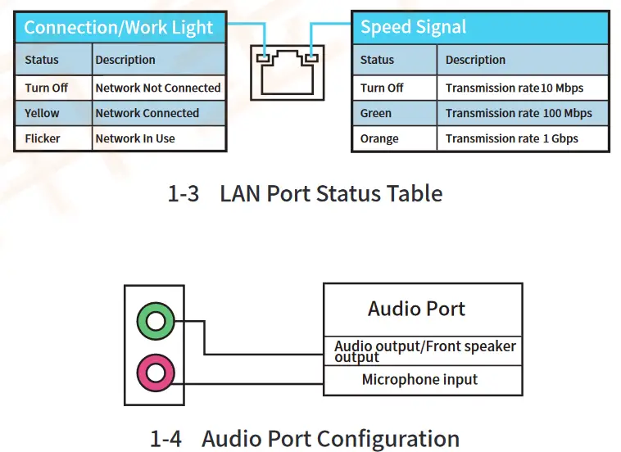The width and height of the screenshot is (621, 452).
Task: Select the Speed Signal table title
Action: pyautogui.click(x=413, y=28)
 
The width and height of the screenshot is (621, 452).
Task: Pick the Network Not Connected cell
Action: pyautogui.click(x=158, y=88)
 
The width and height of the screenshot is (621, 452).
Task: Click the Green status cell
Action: pyautogui.click(x=376, y=113)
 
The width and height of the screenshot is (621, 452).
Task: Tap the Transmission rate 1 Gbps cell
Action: pyautogui.click(x=512, y=138)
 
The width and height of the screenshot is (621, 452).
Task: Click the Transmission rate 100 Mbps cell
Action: pyautogui.click(x=519, y=113)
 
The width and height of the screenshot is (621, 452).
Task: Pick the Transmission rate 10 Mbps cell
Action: pyautogui.click(x=514, y=88)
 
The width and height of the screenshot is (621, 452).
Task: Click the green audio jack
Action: pyautogui.click(x=156, y=320)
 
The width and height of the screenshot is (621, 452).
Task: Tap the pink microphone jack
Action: pyautogui.click(x=156, y=373)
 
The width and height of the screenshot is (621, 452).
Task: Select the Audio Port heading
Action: pyautogui.click(x=416, y=309)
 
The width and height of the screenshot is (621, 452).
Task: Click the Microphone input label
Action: pyautogui.click(x=419, y=380)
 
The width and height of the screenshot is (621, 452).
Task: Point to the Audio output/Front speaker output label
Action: pyautogui.click(x=424, y=350)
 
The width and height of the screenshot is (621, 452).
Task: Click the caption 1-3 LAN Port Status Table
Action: pyautogui.click(x=305, y=194)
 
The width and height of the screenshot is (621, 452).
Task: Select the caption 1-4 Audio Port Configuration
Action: pyautogui.click(x=305, y=439)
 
